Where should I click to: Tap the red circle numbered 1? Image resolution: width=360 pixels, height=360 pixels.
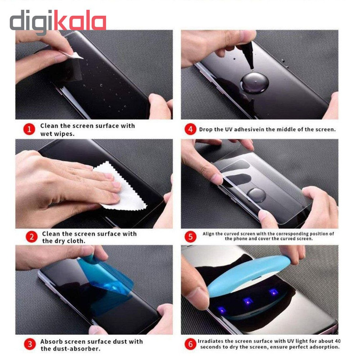click(29, 130)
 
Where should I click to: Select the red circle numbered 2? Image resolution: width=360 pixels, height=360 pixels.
click(31, 237)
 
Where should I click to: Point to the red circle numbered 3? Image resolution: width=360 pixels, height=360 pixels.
click(30, 344)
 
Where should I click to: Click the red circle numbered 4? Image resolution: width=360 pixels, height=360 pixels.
click(190, 130)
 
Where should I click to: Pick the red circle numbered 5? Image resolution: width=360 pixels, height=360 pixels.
click(190, 237)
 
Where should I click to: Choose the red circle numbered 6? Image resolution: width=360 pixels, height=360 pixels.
click(190, 344)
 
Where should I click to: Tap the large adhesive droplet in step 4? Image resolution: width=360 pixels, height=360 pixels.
click(254, 83)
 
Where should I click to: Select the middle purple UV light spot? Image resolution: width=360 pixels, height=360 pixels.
click(248, 301)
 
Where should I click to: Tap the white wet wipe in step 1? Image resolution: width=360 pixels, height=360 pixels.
click(74, 54)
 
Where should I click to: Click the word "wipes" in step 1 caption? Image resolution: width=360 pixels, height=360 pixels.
click(66, 134)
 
